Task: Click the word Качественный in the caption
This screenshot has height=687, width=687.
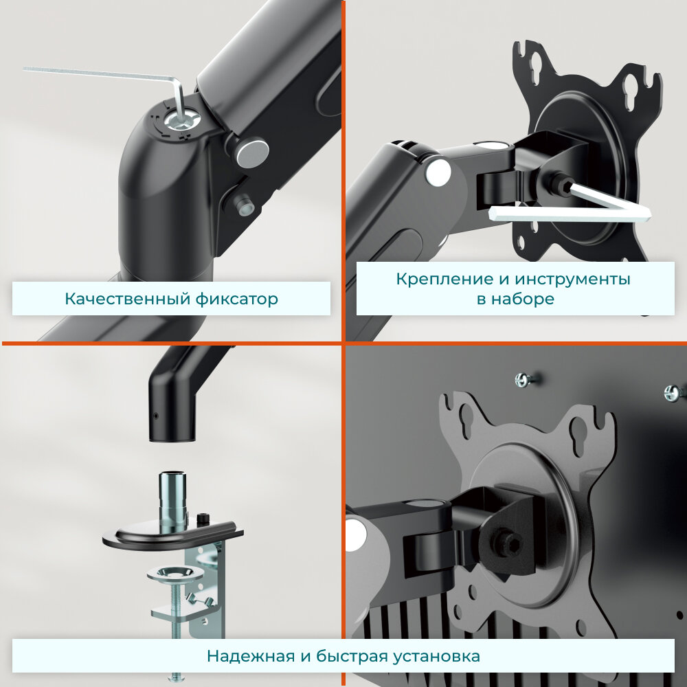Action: click(128, 300)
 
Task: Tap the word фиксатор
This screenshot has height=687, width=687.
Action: click(236, 300)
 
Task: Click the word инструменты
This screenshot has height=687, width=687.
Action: click(572, 280)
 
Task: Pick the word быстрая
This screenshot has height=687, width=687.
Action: click(352, 656)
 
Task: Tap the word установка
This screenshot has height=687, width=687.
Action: click(436, 656)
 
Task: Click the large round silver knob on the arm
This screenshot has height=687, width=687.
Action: click(251, 152)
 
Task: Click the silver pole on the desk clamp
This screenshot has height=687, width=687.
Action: click(172, 501)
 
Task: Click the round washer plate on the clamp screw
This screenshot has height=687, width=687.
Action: click(175, 573)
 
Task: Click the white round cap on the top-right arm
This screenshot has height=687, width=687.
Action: click(438, 171)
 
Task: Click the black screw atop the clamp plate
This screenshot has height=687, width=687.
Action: click(203, 519)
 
